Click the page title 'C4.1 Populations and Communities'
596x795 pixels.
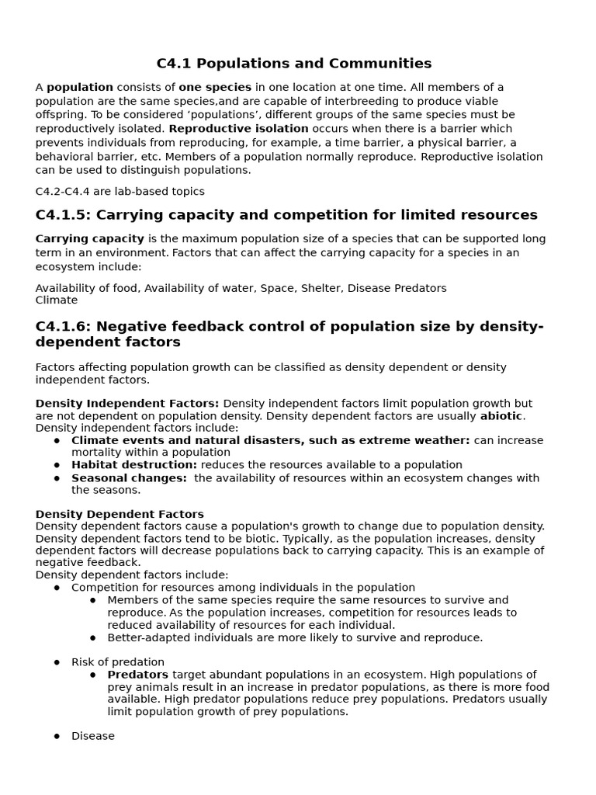[x=293, y=64]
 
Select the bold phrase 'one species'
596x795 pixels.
[x=215, y=88]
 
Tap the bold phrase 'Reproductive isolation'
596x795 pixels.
[x=238, y=129]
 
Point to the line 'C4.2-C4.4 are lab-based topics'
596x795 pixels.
[x=120, y=192]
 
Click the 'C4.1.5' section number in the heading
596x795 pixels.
[x=61, y=215]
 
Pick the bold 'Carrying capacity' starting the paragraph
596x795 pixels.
[x=90, y=239]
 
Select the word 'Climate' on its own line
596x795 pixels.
[x=57, y=300]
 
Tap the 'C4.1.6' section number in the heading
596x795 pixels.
[x=61, y=326]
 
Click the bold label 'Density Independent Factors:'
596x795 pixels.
[x=127, y=404]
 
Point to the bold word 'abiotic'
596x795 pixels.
[x=501, y=416]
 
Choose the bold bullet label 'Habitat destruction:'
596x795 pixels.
[x=134, y=465]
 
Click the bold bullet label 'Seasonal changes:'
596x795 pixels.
[x=129, y=478]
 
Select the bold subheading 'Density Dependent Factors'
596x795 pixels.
[x=120, y=514]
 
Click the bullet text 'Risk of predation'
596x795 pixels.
[x=118, y=662]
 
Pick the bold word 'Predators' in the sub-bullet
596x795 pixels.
[x=137, y=675]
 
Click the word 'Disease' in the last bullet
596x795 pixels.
[x=93, y=736]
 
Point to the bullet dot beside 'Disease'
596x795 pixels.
[x=57, y=736]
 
